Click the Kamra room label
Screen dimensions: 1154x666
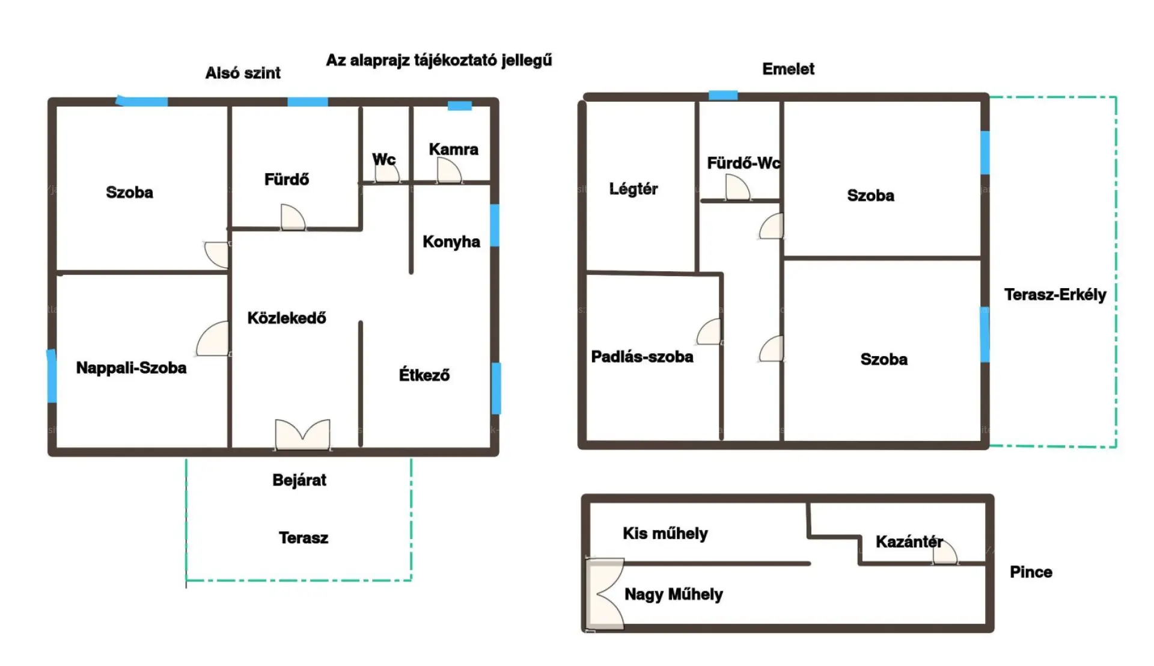pos(454,149)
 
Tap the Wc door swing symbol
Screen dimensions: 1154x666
pos(387,171)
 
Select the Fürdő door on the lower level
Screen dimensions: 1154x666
pos(293,217)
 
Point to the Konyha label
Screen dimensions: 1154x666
pos(451,242)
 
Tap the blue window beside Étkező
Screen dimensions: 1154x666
pos(496,388)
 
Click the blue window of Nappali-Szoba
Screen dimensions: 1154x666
pos(52,376)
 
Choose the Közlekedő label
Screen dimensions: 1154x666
pos(287,318)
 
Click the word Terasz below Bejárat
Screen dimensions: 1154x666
pos(304,538)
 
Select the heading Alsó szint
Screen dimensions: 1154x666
pos(243,73)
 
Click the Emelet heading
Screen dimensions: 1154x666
pos(789,69)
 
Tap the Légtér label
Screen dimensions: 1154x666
pos(633,189)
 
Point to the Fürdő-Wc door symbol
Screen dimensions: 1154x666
pos(737,187)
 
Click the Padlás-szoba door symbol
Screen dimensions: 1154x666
pos(709,331)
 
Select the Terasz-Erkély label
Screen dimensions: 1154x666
pos(1055,295)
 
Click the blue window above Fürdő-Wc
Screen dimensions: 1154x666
pos(723,95)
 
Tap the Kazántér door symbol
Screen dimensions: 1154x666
pos(945,552)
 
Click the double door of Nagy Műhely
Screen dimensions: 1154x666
pos(605,594)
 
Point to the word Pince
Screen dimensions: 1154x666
pos(1031,572)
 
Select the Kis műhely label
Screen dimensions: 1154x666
pos(665,534)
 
